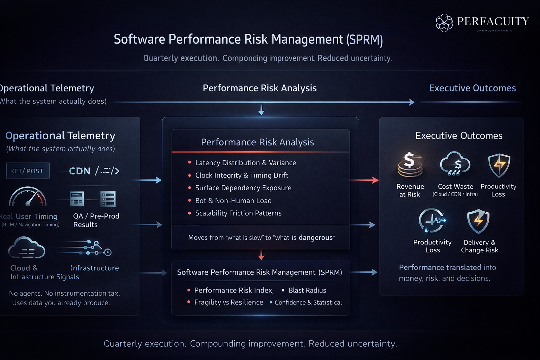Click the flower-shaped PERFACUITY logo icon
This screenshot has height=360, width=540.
pos(444,23)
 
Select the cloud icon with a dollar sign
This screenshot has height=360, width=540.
pos(455,164)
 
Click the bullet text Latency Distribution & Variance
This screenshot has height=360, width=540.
pos(245,163)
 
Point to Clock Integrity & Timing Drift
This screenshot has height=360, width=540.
pos(242,175)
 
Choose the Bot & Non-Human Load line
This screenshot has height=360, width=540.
pos(233,201)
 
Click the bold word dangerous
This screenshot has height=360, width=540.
pos(315,238)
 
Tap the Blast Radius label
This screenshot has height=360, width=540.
pos(307,290)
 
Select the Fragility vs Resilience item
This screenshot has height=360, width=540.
pos(229,302)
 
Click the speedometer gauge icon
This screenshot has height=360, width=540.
pos(28,197)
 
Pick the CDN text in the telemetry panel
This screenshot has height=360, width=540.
pos(80,171)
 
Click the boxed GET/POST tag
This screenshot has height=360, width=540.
pos(28,171)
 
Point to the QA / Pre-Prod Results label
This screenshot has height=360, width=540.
pos(96,220)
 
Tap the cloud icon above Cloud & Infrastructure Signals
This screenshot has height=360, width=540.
pos(27,248)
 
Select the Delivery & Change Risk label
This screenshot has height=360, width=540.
pos(480,246)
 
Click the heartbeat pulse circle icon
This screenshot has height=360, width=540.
pos(432,220)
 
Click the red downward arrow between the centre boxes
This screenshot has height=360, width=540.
pos(261,255)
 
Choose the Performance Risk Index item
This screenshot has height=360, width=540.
pos(233,290)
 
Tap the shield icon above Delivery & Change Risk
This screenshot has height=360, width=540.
pos(478,221)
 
